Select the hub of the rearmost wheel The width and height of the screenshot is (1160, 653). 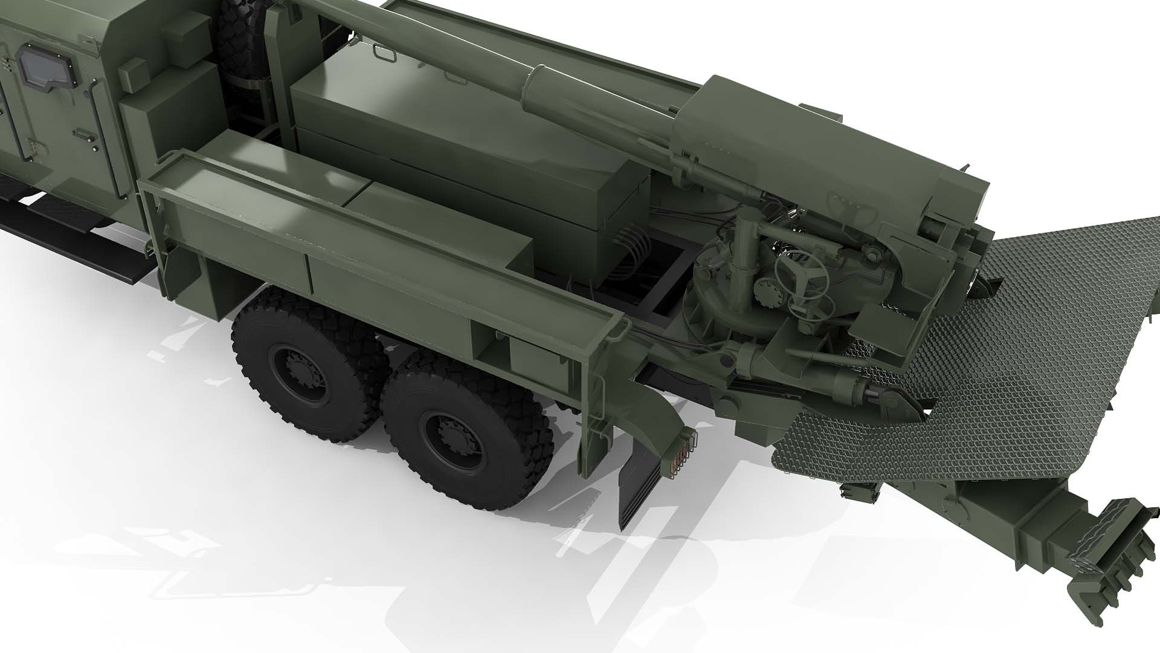point(447,430)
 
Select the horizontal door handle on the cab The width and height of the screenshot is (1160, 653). point(81,133)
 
